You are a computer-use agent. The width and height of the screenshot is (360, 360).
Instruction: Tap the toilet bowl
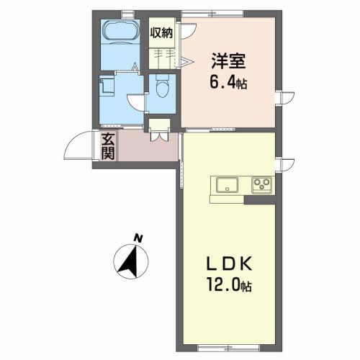click(x=162, y=86)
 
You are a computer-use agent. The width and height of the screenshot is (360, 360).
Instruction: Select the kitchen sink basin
click(x=227, y=185)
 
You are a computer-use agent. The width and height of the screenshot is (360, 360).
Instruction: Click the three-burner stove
click(x=261, y=185)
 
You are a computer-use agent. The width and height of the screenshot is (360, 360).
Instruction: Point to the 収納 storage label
click(x=161, y=33)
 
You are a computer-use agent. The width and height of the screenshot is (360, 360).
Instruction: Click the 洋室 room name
click(x=228, y=61)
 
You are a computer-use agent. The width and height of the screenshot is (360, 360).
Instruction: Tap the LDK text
click(x=229, y=264)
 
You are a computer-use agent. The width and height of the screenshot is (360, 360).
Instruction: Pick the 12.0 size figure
click(x=224, y=285)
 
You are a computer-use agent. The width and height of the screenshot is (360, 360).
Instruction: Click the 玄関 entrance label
click(x=108, y=145)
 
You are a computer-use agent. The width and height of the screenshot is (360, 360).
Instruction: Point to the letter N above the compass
click(x=138, y=238)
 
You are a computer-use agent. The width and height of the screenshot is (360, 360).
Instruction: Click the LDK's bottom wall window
click(x=228, y=347)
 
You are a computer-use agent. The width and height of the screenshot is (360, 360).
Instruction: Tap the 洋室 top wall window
click(x=212, y=14)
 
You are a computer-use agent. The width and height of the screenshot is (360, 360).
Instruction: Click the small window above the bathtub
click(x=128, y=14)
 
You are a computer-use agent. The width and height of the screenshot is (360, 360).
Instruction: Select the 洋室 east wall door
click(x=284, y=99)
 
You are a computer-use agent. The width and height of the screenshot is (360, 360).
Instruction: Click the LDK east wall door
click(x=284, y=165)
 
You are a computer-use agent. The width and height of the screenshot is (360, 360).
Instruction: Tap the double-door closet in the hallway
click(x=159, y=130)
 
